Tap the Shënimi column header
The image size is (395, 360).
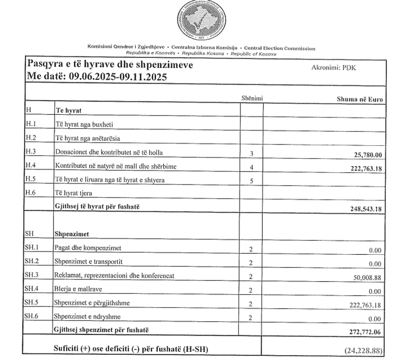point(252,98)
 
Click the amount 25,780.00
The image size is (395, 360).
point(364,154)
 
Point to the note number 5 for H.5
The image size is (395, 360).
point(251,181)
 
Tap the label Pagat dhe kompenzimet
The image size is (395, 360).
point(88,248)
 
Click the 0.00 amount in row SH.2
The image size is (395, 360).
point(374,264)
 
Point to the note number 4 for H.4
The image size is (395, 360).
point(251,167)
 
